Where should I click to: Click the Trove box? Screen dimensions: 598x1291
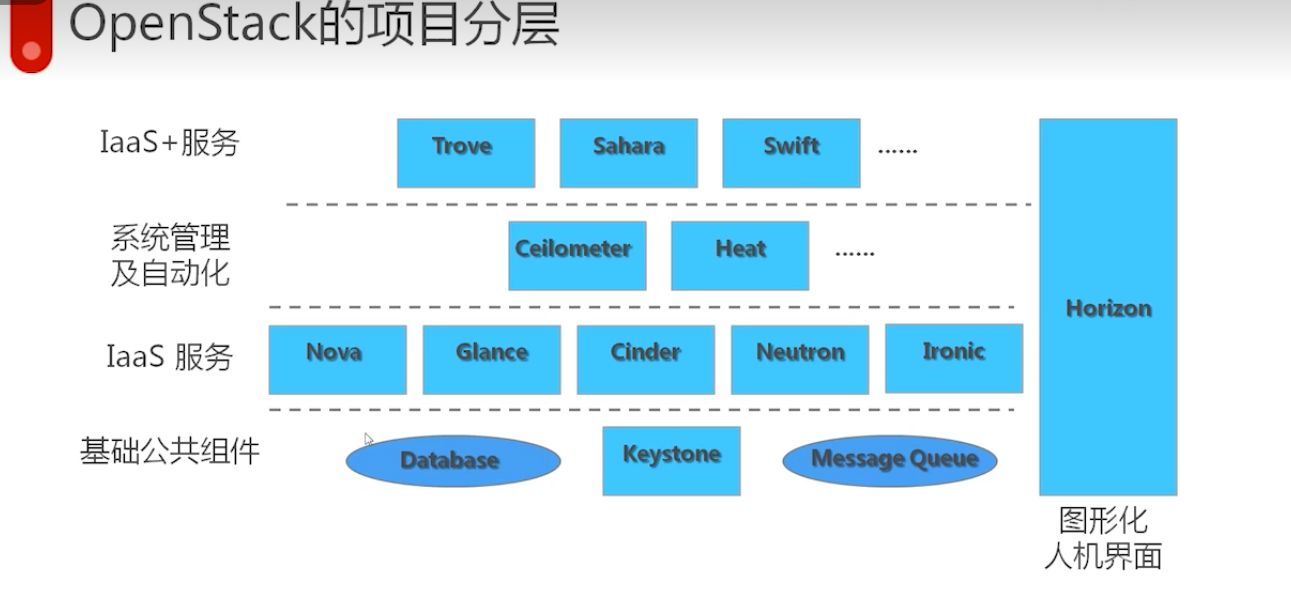pyautogui.click(x=466, y=153)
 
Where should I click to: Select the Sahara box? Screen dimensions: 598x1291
pyautogui.click(x=629, y=153)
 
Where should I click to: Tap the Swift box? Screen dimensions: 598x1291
pyautogui.click(x=791, y=153)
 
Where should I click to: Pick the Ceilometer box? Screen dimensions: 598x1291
pyautogui.click(x=577, y=256)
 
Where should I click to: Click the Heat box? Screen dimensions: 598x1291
pyautogui.click(x=740, y=256)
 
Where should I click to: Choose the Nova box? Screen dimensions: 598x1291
pyautogui.click(x=337, y=360)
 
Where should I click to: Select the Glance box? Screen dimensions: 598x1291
pyautogui.click(x=491, y=360)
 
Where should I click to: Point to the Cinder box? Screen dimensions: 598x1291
pyautogui.click(x=646, y=360)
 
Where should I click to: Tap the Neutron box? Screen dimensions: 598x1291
pyautogui.click(x=799, y=360)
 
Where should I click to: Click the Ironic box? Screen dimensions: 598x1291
pyautogui.click(x=954, y=358)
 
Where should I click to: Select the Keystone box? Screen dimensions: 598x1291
pyautogui.click(x=671, y=461)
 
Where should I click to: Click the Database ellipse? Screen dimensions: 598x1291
pyautogui.click(x=453, y=461)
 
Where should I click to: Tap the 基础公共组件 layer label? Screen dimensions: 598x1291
pyautogui.click(x=169, y=451)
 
